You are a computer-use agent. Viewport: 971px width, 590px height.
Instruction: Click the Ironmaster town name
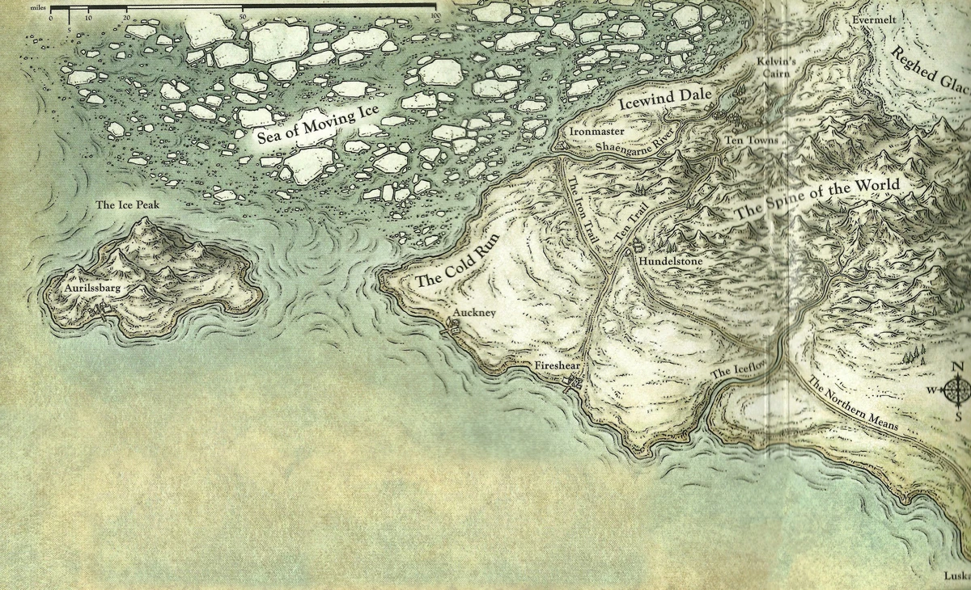click(x=596, y=129)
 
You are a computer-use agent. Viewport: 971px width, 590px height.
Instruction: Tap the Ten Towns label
click(x=751, y=141)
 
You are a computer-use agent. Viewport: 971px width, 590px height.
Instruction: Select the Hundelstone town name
click(x=671, y=263)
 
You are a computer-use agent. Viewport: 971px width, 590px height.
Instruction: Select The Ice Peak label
click(x=127, y=205)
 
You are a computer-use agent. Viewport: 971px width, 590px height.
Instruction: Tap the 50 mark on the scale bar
click(x=243, y=17)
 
